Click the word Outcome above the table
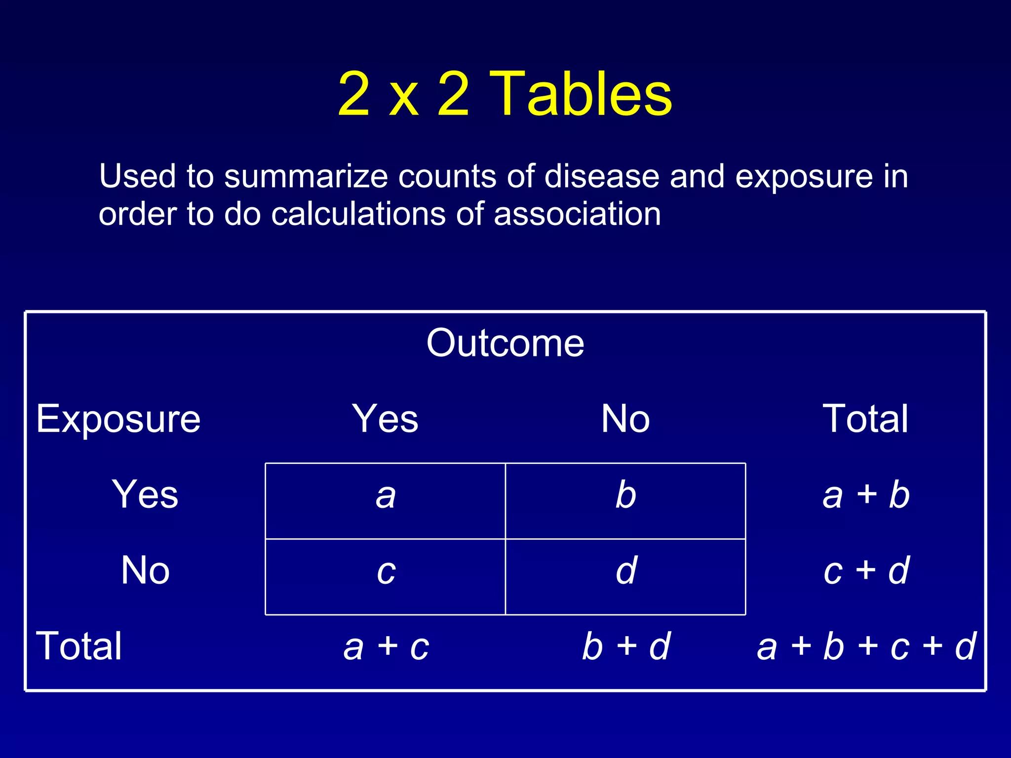pyautogui.click(x=505, y=343)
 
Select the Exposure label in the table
pyautogui.click(x=118, y=418)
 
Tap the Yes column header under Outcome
pyautogui.click(x=385, y=418)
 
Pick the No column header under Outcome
pyautogui.click(x=625, y=418)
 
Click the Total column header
pyautogui.click(x=865, y=418)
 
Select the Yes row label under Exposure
pyautogui.click(x=145, y=494)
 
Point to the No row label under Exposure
pyautogui.click(x=145, y=570)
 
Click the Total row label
pyautogui.click(x=79, y=646)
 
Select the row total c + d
pyautogui.click(x=866, y=571)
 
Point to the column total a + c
pyautogui.click(x=386, y=647)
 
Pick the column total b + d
pyautogui.click(x=626, y=646)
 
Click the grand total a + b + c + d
pyautogui.click(x=866, y=646)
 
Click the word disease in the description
pyautogui.click(x=601, y=176)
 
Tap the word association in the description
pyautogui.click(x=577, y=214)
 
